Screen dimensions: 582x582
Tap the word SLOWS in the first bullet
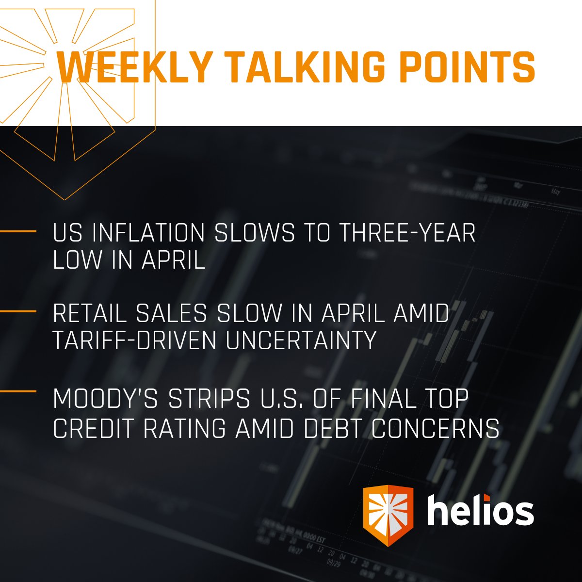click(254, 234)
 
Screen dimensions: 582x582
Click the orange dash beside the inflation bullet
click(18, 231)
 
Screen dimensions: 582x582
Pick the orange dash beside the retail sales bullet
click(18, 311)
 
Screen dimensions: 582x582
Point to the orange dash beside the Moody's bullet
click(18, 391)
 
